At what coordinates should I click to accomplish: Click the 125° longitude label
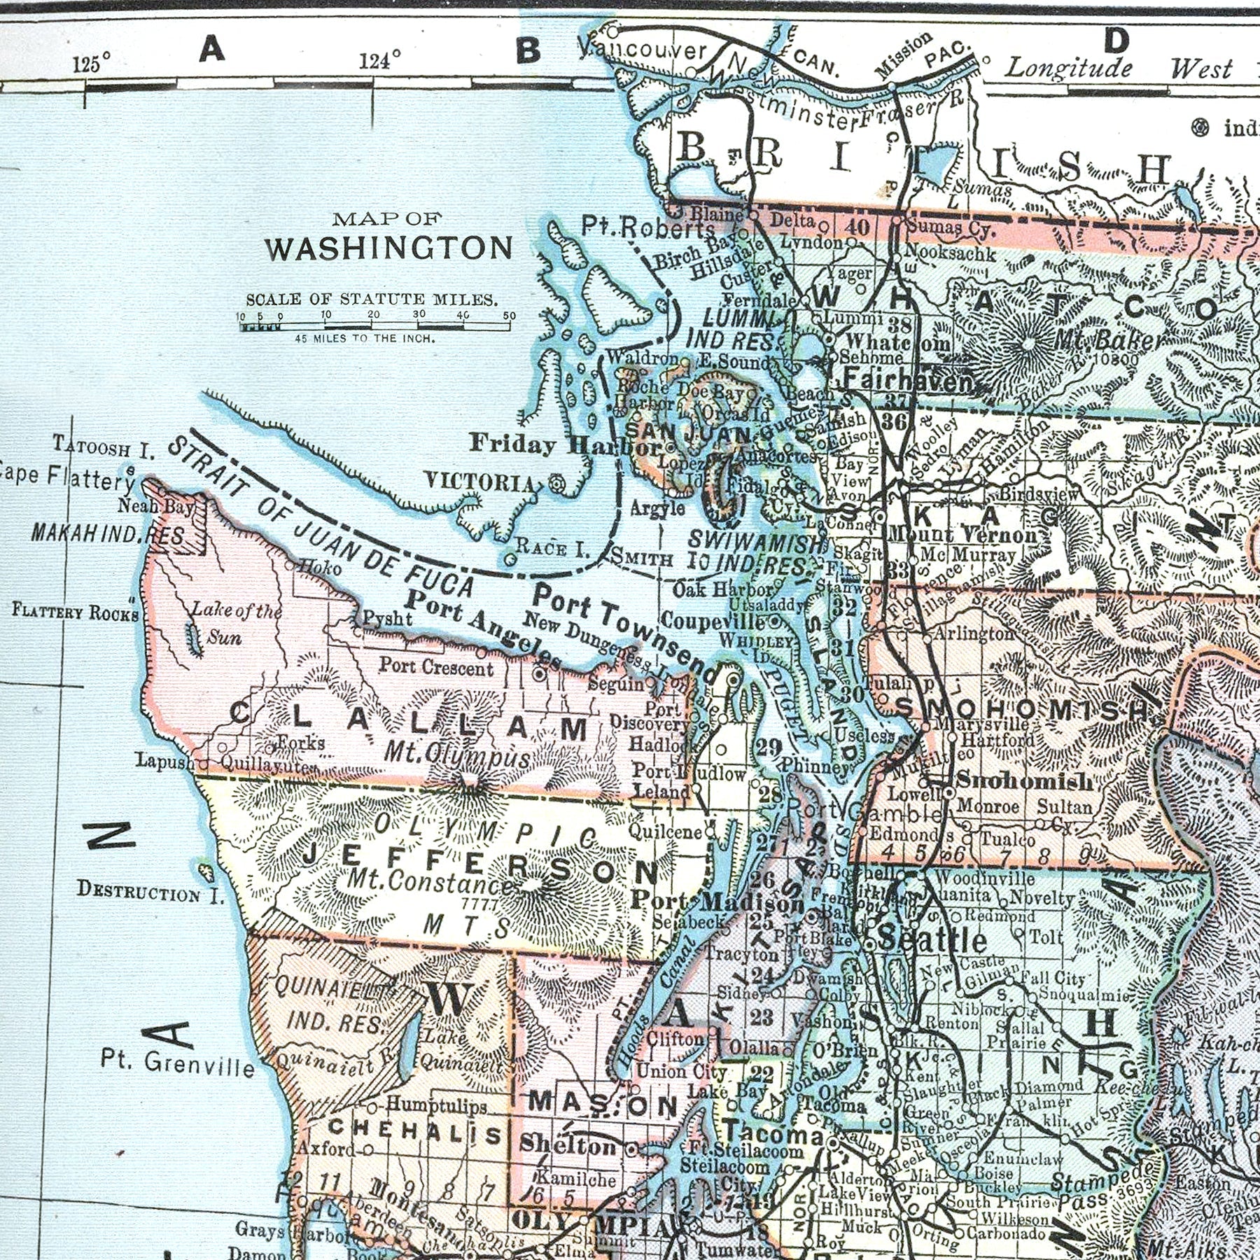point(91,64)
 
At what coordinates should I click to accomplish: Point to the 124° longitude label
point(380,61)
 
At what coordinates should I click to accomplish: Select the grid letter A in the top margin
point(211,49)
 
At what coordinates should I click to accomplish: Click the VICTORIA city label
point(480,482)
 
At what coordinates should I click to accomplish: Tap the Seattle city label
point(932,939)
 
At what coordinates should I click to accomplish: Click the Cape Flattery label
point(66,477)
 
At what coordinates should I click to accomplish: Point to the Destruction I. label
point(149,892)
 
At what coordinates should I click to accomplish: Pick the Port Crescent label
point(436,666)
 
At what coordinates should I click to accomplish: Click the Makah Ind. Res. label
point(108,535)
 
